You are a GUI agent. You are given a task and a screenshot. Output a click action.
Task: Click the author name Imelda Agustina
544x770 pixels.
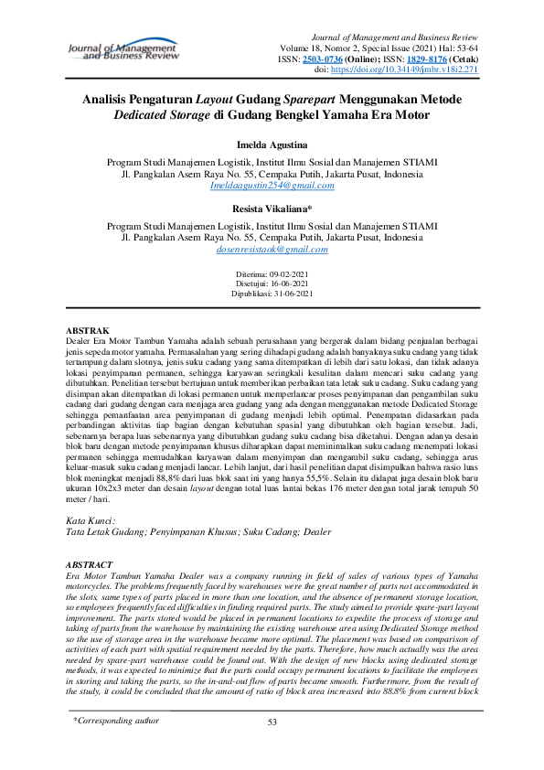point(272,146)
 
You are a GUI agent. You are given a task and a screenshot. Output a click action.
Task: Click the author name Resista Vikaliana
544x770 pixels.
point(272,209)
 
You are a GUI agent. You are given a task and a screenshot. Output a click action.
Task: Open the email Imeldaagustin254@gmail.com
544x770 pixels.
point(272,185)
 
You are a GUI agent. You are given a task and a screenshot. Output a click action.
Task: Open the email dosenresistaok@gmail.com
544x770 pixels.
point(272,249)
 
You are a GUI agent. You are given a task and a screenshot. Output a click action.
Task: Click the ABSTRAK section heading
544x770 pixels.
point(90,329)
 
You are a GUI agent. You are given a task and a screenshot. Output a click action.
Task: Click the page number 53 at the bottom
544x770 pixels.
point(272,748)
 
